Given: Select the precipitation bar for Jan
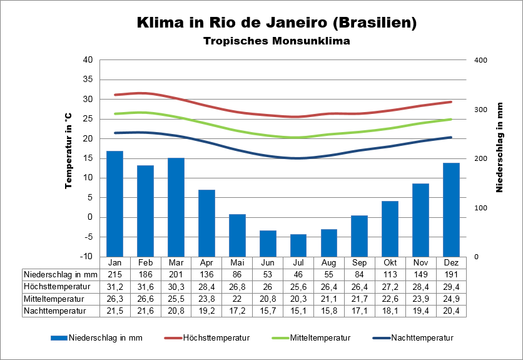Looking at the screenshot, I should pos(114,203).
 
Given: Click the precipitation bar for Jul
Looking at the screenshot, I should pos(298,245).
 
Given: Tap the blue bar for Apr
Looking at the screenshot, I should pos(206,223).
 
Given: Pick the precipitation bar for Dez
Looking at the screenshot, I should pos(452,210).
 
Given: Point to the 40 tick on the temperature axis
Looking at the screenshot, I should pos(88,60).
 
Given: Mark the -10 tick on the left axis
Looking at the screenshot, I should pos(86,257).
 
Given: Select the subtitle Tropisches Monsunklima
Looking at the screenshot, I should pos(276,41).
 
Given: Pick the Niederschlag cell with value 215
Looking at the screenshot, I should pos(114,274).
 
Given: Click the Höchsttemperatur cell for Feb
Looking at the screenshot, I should pos(145,286).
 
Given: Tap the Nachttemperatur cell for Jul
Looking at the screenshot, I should pos(298,310).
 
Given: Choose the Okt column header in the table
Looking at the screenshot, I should pos(390,262).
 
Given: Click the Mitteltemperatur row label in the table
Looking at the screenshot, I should pos(55,298).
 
